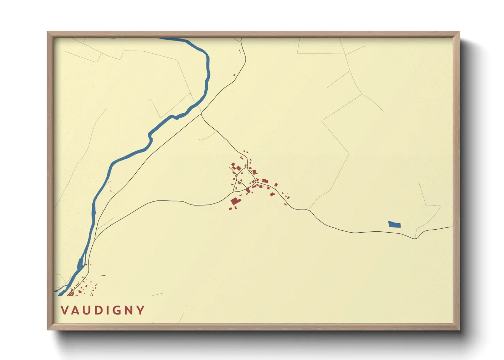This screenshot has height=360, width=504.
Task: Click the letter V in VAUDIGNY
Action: point(64,310)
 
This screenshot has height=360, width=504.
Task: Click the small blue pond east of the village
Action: point(394,224)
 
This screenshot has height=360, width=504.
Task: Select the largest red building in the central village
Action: point(235,201)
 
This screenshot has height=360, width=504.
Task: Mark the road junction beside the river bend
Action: point(201,113)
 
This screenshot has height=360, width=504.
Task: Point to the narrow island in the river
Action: point(80,264)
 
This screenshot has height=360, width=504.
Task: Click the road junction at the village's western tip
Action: point(233,191)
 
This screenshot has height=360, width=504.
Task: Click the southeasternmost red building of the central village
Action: point(285,204)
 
